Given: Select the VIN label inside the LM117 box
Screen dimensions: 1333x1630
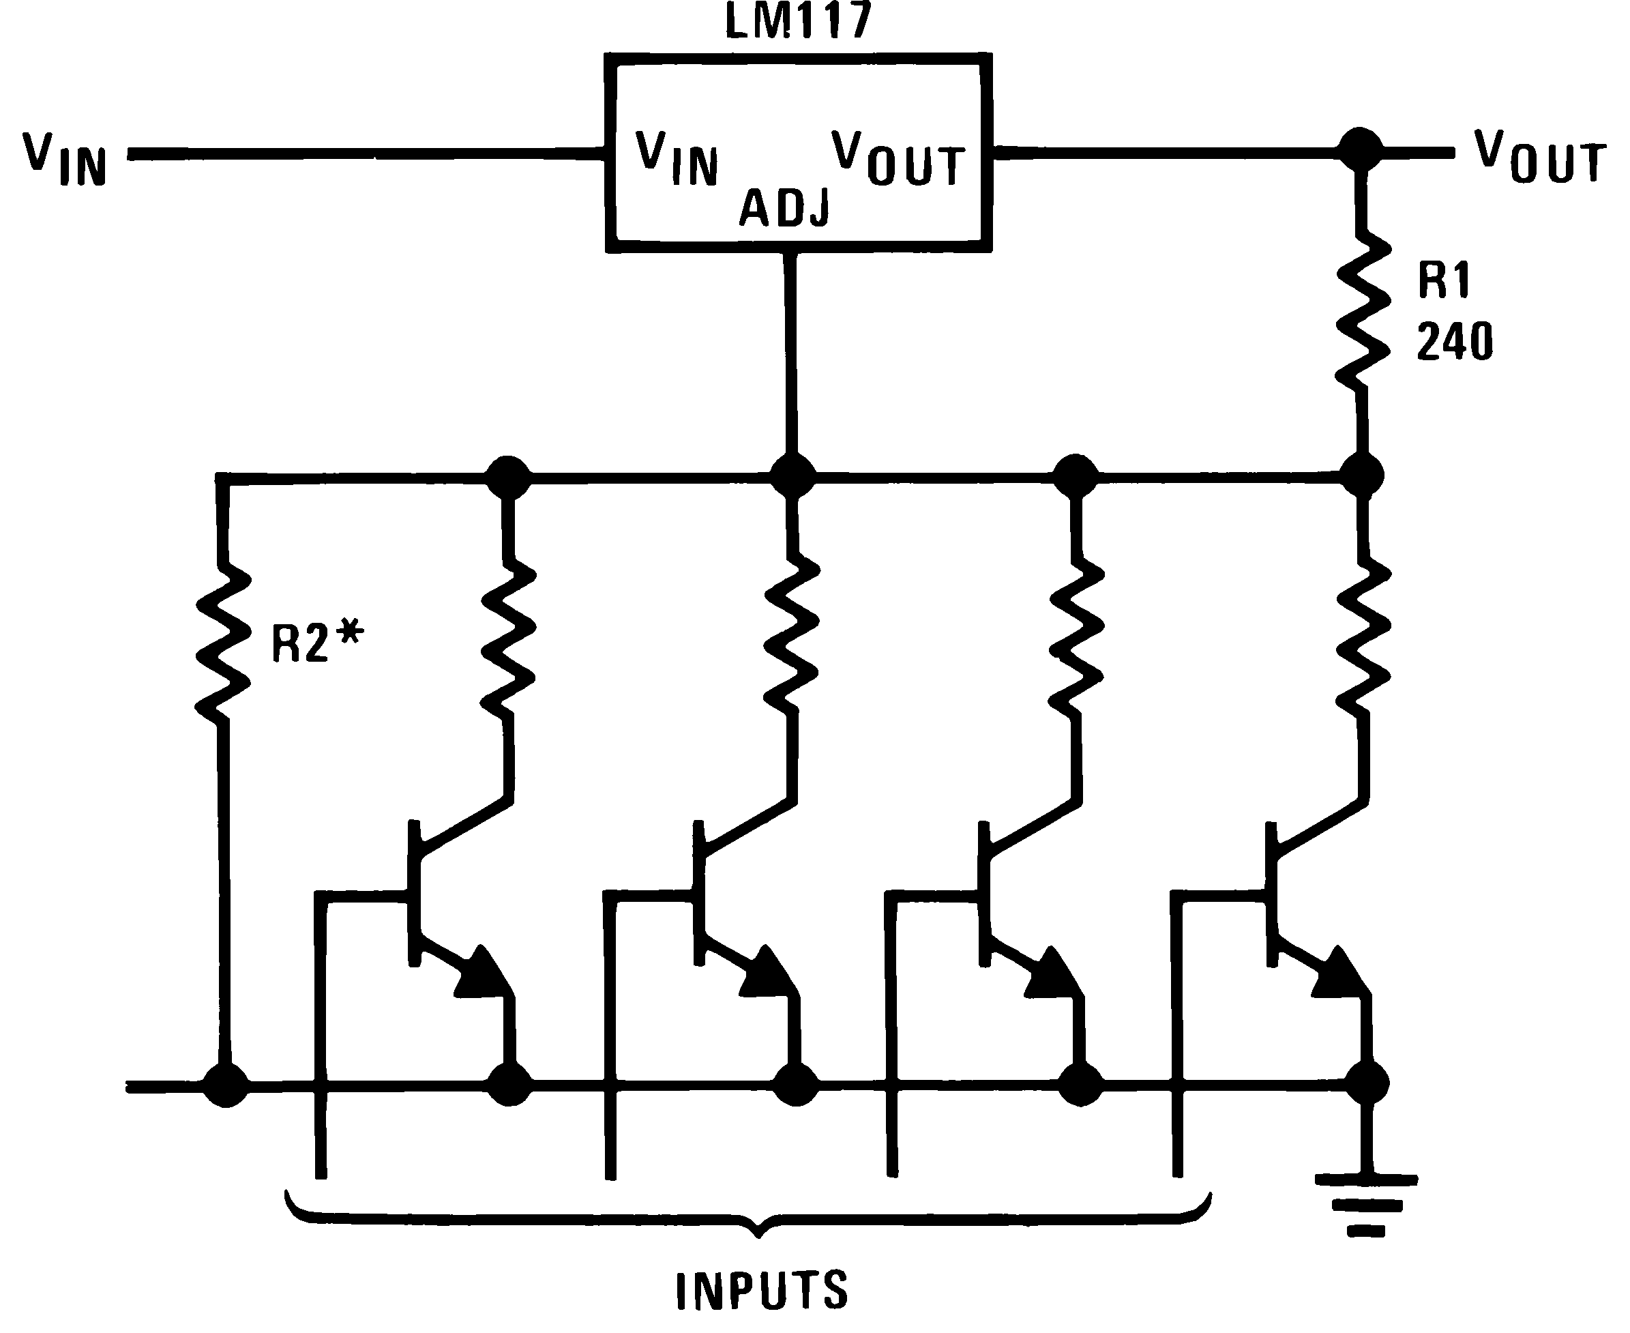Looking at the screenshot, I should pos(677,159).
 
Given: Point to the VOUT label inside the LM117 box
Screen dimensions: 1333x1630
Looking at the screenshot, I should pos(898,159).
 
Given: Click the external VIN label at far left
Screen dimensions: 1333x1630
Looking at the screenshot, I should pos(65,160).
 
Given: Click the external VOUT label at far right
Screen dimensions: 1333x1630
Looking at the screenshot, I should pos(1539,158).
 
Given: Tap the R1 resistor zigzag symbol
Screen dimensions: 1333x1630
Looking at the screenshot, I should pos(1363,311).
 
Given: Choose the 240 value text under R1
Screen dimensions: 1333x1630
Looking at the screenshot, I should pos(1454,342).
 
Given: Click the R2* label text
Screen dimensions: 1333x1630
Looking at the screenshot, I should pos(316,642).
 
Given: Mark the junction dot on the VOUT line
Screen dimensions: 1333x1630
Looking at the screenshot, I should pos(1360,149).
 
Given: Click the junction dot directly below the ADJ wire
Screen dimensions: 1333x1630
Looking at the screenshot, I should pos(792,476).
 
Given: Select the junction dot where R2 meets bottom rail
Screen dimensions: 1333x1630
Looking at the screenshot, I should pos(226,1084).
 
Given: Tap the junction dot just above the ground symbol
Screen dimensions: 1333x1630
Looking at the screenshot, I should pos(1366,1083).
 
